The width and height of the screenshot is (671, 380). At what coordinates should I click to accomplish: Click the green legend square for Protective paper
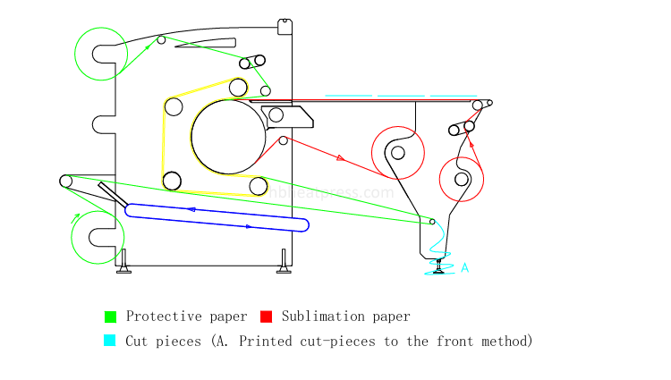pyautogui.click(x=111, y=317)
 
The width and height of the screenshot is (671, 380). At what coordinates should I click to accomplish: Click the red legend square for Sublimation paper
pyautogui.click(x=266, y=317)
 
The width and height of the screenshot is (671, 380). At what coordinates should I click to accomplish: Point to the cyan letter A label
pyautogui.click(x=464, y=267)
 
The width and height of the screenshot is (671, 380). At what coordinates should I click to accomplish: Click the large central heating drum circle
pyautogui.click(x=228, y=136)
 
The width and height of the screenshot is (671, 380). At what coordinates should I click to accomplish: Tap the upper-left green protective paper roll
pyautogui.click(x=99, y=53)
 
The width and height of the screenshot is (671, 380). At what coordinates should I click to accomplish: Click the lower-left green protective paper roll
pyautogui.click(x=98, y=237)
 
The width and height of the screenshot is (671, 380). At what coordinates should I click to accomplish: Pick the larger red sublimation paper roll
pyautogui.click(x=397, y=152)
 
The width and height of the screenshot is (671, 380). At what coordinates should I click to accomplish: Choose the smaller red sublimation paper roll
pyautogui.click(x=461, y=179)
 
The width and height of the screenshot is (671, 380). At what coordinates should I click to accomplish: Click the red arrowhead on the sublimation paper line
pyautogui.click(x=340, y=158)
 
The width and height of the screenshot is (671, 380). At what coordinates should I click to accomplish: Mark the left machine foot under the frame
pyautogui.click(x=123, y=262)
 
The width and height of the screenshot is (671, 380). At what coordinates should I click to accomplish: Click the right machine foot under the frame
pyautogui.click(x=285, y=262)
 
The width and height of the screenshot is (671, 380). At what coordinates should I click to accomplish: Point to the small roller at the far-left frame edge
pyautogui.click(x=65, y=181)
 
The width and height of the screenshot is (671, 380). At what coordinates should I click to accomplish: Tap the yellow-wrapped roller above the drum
pyautogui.click(x=238, y=87)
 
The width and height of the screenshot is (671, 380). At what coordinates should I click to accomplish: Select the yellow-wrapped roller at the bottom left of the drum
pyautogui.click(x=172, y=182)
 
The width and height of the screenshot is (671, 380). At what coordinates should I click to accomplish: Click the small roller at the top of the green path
pyautogui.click(x=161, y=39)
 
